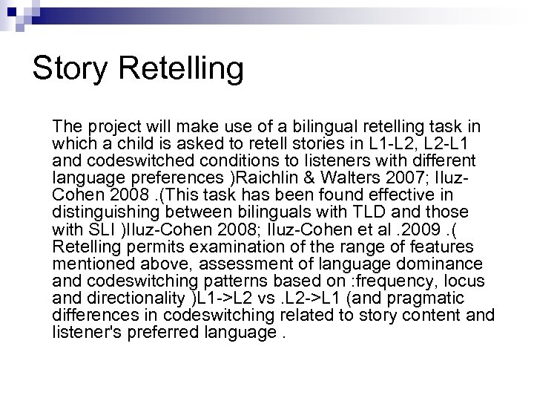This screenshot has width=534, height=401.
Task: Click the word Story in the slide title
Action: pyautogui.click(x=70, y=69)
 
